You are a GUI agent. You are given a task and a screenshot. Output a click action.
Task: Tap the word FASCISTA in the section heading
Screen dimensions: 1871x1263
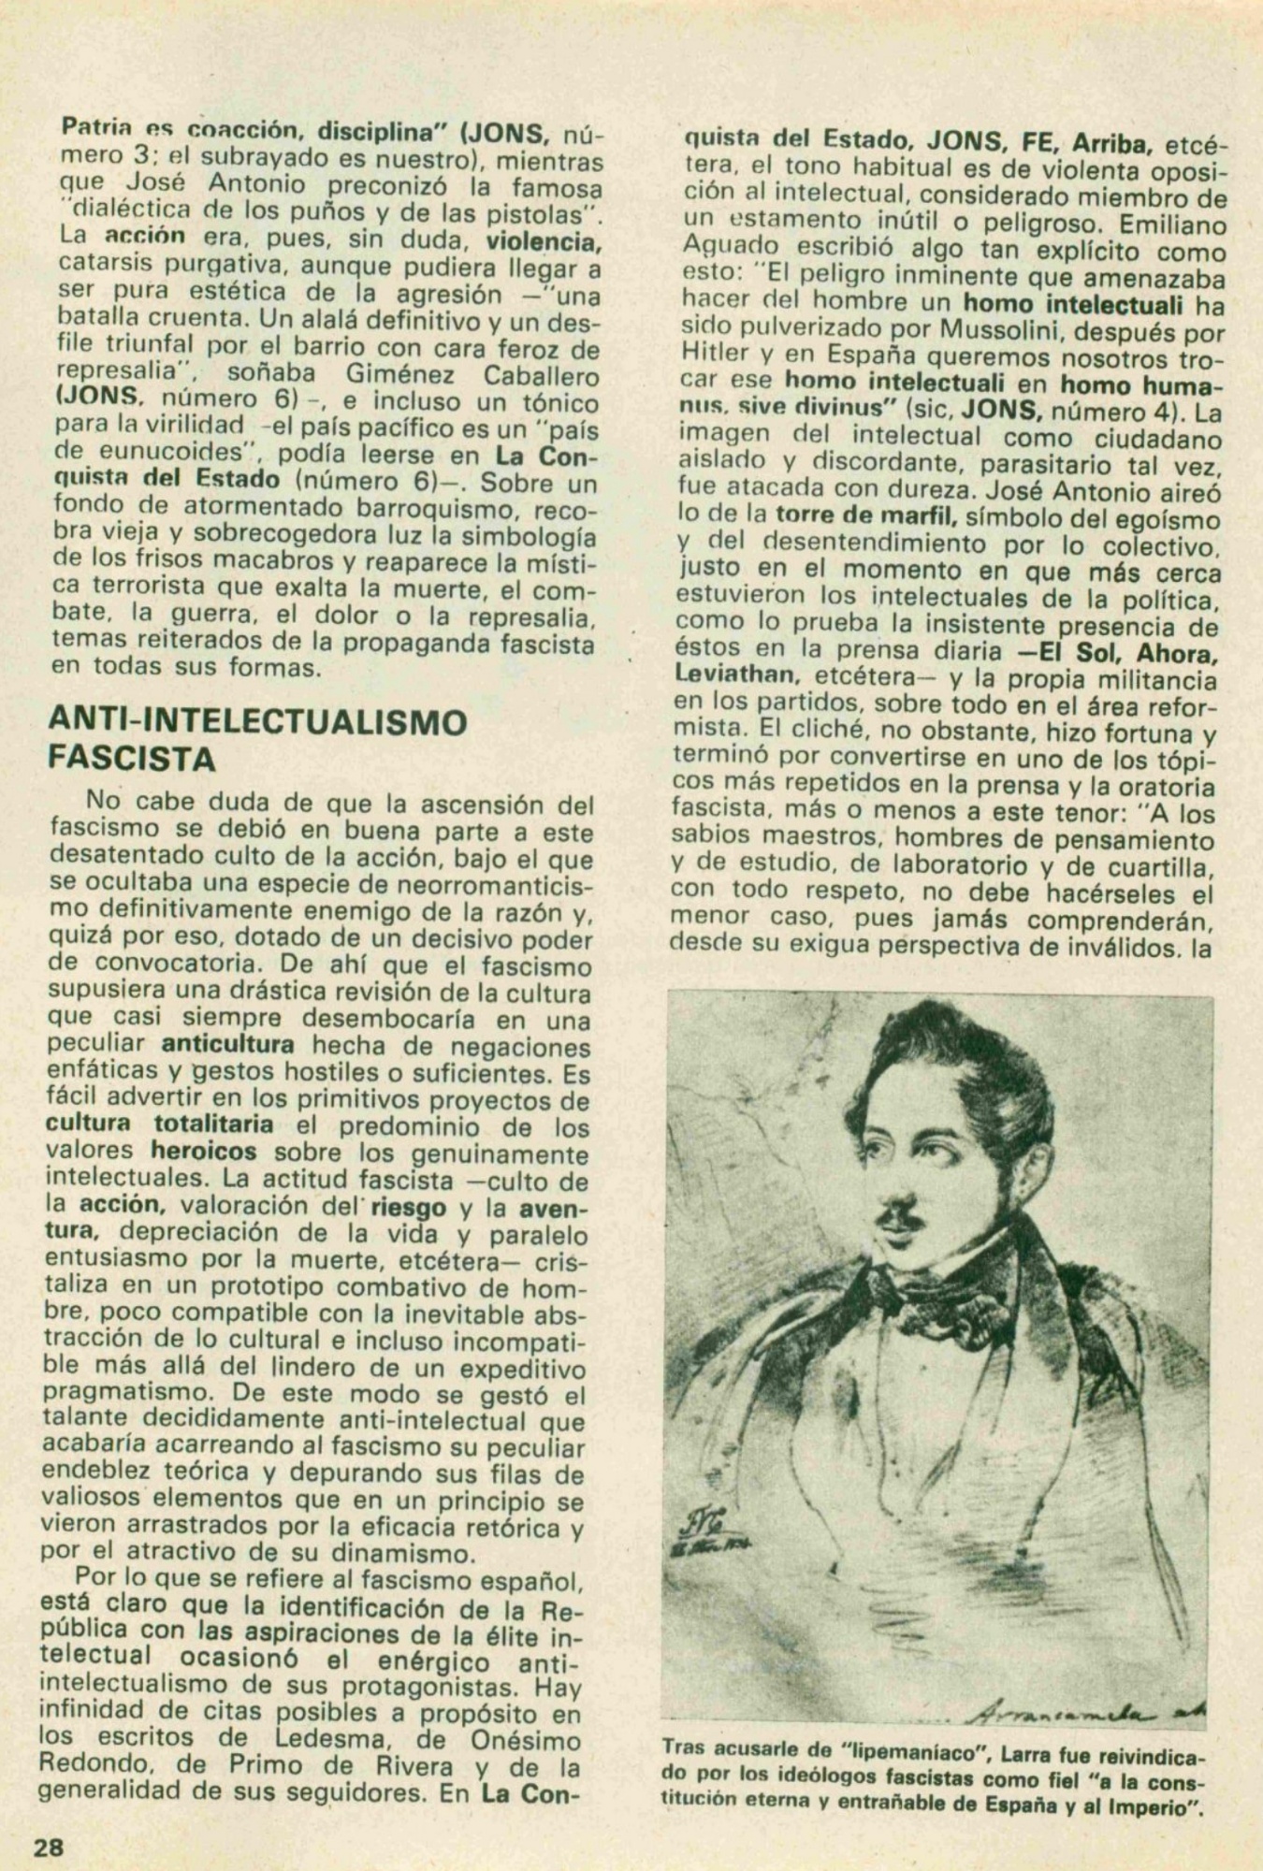pos(132,757)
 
